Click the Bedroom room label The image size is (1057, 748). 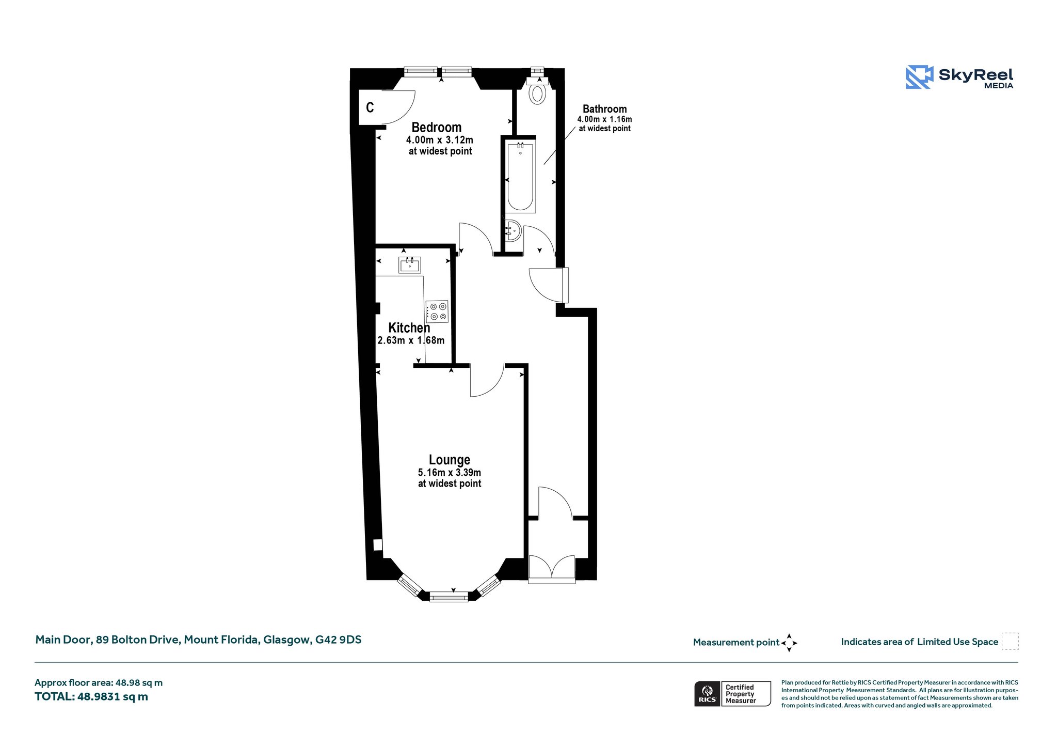click(x=437, y=127)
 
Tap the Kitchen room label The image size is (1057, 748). click(x=409, y=328)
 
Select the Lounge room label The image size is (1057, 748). click(x=450, y=460)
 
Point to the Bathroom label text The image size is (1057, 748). click(x=605, y=109)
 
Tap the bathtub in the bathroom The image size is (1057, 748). click(x=520, y=177)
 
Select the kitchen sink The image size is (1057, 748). click(x=409, y=265)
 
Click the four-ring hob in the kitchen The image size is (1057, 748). click(x=437, y=311)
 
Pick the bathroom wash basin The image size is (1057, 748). click(x=514, y=230)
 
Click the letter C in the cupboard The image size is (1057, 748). click(x=370, y=107)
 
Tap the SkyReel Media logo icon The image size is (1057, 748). click(x=919, y=77)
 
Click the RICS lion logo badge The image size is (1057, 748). click(x=707, y=693)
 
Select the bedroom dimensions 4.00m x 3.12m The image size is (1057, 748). click(x=440, y=140)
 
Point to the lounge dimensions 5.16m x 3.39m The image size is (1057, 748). click(x=450, y=473)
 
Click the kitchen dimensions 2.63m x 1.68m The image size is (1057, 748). click(x=411, y=340)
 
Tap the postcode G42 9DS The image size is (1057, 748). click(x=339, y=640)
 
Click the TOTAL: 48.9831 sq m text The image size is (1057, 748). click(x=91, y=696)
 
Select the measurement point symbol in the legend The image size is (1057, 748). click(x=789, y=643)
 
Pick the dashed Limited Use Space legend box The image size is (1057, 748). click(x=1010, y=641)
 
